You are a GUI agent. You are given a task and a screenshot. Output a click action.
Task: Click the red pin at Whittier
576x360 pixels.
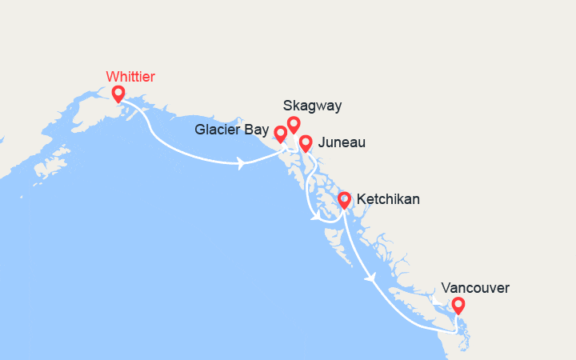pyautogui.click(x=118, y=94)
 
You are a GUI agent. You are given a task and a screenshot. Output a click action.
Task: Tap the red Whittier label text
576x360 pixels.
pyautogui.click(x=130, y=77)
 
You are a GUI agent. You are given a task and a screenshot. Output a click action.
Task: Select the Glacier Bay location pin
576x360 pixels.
pyautogui.click(x=280, y=133)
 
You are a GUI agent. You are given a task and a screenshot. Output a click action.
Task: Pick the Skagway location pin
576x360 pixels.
pyautogui.click(x=294, y=124)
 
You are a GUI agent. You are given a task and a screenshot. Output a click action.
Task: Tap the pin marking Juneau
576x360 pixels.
pyautogui.click(x=305, y=143)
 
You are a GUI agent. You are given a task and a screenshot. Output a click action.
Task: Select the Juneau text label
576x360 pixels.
pyautogui.click(x=342, y=143)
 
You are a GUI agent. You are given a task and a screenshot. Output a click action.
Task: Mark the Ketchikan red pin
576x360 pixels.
pyautogui.click(x=344, y=199)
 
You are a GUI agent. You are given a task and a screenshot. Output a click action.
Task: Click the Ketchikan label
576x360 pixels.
pyautogui.click(x=387, y=199)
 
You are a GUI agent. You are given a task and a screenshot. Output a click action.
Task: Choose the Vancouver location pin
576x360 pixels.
pyautogui.click(x=458, y=305)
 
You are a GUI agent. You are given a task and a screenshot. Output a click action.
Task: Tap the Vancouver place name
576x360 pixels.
pyautogui.click(x=474, y=288)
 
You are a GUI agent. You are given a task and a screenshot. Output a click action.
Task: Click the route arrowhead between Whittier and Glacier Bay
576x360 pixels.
pyautogui.click(x=241, y=163)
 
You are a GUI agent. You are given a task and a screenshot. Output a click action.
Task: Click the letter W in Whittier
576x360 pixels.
pyautogui.click(x=111, y=77)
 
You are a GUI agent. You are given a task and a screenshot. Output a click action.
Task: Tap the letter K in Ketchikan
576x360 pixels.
pyautogui.click(x=362, y=199)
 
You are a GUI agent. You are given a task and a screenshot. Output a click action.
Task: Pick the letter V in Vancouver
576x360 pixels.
pyautogui.click(x=445, y=288)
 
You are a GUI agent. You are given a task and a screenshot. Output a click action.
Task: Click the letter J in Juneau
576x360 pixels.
pyautogui.click(x=321, y=143)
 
